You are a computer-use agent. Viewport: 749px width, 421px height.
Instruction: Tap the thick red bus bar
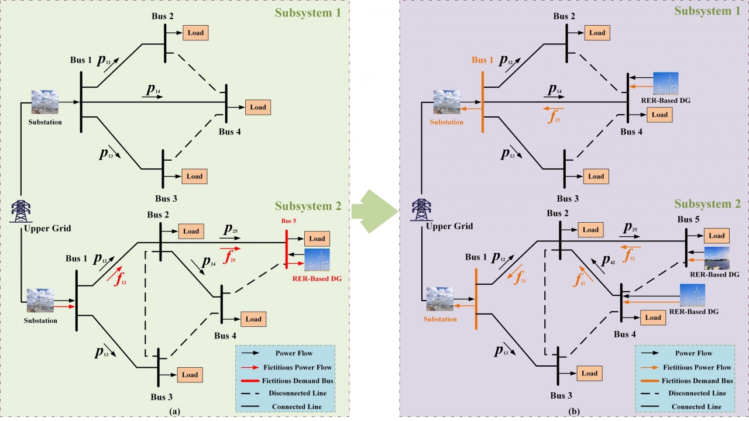(287, 249)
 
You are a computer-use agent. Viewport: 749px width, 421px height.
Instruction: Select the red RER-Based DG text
(317, 279)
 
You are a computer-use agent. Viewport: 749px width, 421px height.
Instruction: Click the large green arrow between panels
(374, 210)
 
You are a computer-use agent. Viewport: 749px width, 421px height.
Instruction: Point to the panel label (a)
(174, 411)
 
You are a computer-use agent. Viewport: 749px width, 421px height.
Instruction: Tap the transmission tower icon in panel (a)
(22, 211)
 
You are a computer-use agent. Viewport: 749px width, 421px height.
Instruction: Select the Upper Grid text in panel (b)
(448, 226)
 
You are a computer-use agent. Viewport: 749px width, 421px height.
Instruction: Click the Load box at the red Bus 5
(317, 239)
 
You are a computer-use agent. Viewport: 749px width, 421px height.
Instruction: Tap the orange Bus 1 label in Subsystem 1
(483, 60)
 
